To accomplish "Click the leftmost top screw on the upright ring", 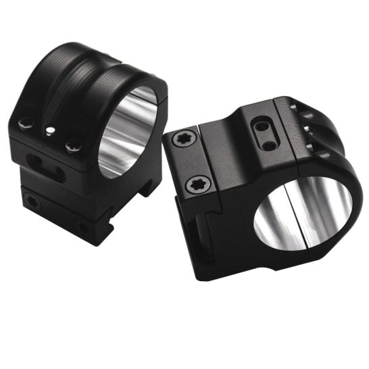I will pyautogui.click(x=26, y=124).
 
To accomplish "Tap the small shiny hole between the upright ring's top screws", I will pyautogui.click(x=49, y=131).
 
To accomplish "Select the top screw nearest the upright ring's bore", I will pyautogui.click(x=73, y=144).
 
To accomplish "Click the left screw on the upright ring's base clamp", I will pyautogui.click(x=30, y=201).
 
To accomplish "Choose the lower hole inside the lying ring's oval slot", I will pyautogui.click(x=268, y=144).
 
